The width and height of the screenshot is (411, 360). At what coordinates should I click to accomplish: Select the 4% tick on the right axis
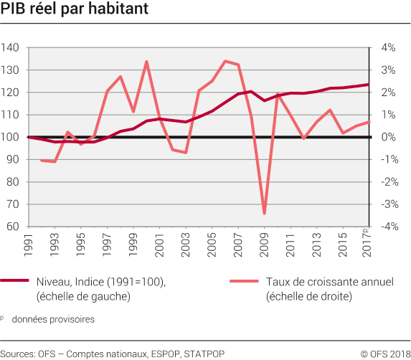tap(387, 48)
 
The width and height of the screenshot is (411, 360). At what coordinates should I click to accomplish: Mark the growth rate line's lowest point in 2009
tap(264, 214)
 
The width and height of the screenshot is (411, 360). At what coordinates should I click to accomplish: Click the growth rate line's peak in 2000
tap(146, 62)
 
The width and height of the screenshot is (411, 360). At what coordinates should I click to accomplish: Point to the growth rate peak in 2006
tap(225, 61)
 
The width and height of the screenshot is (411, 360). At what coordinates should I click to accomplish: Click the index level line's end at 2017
tap(369, 85)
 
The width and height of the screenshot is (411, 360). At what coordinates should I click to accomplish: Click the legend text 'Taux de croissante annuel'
tap(329, 282)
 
